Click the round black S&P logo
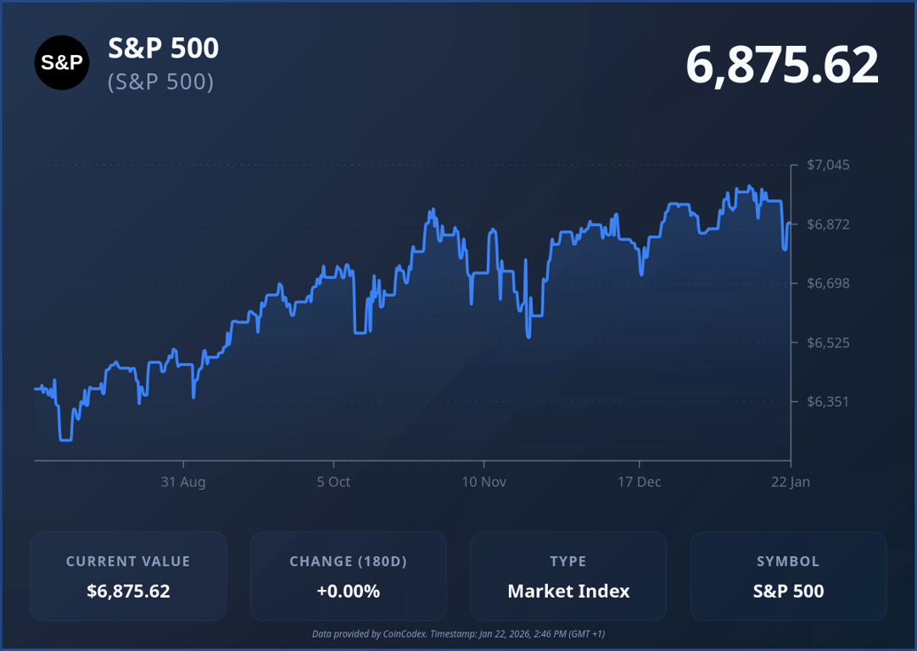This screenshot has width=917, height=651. click(x=62, y=63)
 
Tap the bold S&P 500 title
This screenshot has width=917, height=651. click(x=163, y=48)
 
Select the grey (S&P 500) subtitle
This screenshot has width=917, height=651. click(x=160, y=82)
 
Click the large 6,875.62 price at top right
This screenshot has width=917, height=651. click(x=781, y=65)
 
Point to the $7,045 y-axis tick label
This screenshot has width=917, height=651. click(x=827, y=164)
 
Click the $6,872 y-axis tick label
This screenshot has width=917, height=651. click(x=827, y=224)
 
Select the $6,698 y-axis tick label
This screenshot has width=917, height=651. click(x=827, y=283)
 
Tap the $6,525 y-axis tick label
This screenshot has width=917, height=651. click(x=827, y=342)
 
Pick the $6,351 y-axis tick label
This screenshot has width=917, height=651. click(x=827, y=401)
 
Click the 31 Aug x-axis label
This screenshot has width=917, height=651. click(x=183, y=481)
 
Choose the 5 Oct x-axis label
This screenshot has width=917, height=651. click(x=333, y=481)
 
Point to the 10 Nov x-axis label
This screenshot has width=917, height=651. click(x=484, y=481)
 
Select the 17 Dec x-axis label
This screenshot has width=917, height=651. click(x=639, y=481)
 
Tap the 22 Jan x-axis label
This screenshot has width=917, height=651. click(x=790, y=481)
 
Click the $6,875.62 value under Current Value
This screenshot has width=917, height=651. click(x=128, y=591)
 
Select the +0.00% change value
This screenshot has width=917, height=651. click(x=348, y=591)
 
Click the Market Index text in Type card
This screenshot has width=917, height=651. click(x=568, y=591)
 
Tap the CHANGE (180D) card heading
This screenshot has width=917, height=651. click(x=348, y=561)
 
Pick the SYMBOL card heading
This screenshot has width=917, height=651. click(x=788, y=561)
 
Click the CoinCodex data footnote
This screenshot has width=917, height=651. click(x=458, y=634)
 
